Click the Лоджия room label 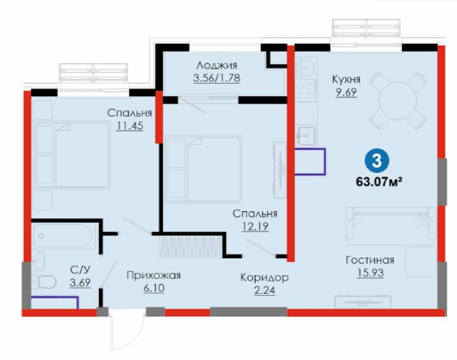(x=216, y=65)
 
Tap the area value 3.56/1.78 (x=216, y=78)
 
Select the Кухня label (x=347, y=79)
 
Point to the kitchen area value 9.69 (x=347, y=93)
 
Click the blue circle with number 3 (x=377, y=161)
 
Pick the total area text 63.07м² (x=379, y=181)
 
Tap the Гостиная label (x=370, y=260)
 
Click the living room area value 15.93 (x=371, y=273)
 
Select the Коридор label (x=265, y=278)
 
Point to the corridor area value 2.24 (x=265, y=290)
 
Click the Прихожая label (x=153, y=275)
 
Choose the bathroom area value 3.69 (x=80, y=282)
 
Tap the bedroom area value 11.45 (x=130, y=126)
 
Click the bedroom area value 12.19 (x=255, y=226)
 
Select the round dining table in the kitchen (x=398, y=100)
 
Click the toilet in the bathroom (x=45, y=282)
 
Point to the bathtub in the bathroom (x=64, y=236)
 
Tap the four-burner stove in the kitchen (x=306, y=91)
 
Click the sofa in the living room (x=391, y=225)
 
